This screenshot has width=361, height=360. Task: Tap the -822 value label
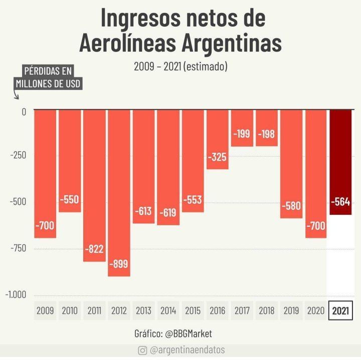point(94,249)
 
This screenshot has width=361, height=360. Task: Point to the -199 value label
point(242,134)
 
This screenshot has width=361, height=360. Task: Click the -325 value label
point(217,157)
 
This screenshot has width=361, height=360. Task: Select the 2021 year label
point(340,311)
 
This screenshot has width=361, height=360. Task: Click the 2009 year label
point(45,311)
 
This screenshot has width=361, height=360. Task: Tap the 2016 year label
point(217,311)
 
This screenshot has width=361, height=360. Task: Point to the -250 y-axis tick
point(18,155)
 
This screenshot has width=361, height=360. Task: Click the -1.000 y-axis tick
point(16,294)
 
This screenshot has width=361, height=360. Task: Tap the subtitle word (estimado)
point(206,66)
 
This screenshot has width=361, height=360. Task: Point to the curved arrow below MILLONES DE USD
point(16,94)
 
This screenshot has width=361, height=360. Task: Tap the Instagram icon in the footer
point(142,351)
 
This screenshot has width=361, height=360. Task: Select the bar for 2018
point(266,128)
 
